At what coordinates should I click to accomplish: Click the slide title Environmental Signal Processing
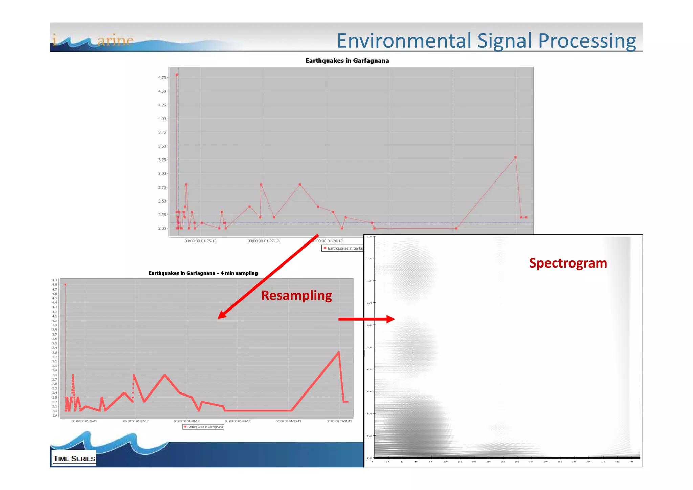[486, 41]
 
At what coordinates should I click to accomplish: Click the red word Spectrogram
[568, 263]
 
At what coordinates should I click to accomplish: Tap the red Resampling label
[296, 295]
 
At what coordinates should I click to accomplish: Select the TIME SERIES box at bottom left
[74, 459]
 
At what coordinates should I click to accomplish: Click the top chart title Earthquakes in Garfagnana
[347, 61]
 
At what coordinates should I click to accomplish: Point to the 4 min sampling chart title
[203, 273]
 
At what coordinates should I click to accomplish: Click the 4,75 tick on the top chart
[162, 78]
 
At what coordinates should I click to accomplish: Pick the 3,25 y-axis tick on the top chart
[162, 160]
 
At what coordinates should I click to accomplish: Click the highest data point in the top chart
[177, 75]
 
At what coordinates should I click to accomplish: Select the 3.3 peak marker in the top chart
[515, 157]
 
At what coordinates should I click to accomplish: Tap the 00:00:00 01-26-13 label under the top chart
[200, 241]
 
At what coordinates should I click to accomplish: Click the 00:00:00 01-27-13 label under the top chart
[263, 241]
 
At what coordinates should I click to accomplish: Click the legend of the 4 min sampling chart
[203, 427]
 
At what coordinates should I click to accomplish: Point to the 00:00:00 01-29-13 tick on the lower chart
[238, 421]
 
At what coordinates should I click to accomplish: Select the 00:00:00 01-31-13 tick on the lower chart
[339, 421]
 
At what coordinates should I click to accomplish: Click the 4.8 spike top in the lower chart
[65, 285]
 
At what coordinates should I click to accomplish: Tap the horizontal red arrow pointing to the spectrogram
[365, 319]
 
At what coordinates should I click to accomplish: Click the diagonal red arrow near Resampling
[267, 277]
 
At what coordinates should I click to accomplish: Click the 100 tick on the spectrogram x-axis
[445, 462]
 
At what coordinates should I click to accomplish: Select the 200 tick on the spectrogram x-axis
[517, 462]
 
